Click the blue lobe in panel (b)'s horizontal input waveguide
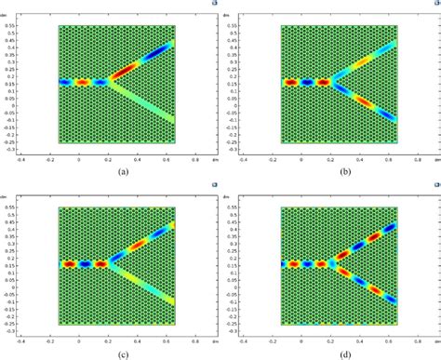[x=307, y=82]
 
